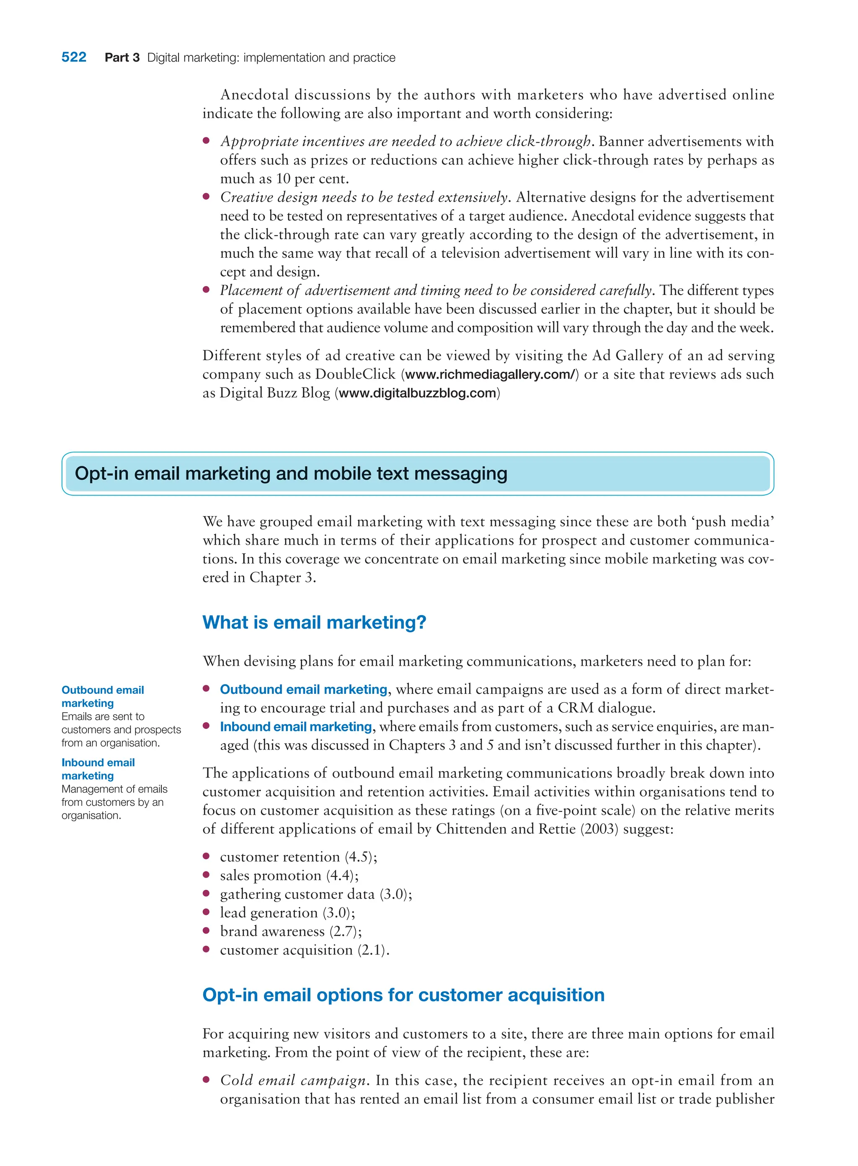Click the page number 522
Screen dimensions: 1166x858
[74, 57]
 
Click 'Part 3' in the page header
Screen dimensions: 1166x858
[122, 58]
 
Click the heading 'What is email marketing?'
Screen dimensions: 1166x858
[314, 622]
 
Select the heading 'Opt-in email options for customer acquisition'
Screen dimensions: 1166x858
[403, 995]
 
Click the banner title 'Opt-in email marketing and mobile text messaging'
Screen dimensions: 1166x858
[291, 474]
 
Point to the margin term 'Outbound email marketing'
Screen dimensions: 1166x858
[102, 696]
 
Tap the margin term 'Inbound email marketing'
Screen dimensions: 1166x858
[98, 769]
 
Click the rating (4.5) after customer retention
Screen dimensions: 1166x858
[360, 857]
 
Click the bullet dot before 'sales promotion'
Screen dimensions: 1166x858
[206, 875]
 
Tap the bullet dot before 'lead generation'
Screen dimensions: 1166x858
[206, 912]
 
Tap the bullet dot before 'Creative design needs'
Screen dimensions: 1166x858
[206, 196]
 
